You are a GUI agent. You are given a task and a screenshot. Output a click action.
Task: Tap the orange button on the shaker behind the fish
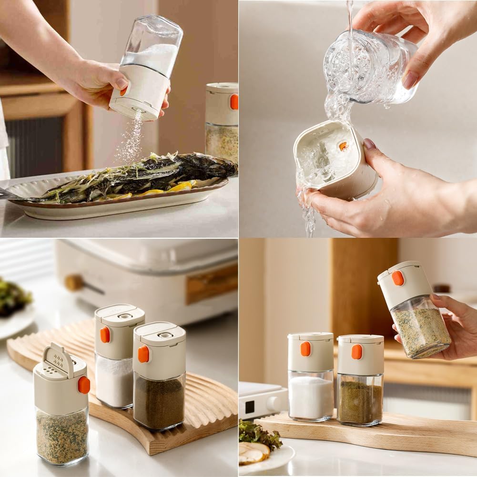234,101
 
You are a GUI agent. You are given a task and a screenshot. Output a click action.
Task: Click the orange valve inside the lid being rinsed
343,146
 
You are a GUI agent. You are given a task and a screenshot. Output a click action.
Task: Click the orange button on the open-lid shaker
84,385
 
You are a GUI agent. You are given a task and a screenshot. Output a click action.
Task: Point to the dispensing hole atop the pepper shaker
165,335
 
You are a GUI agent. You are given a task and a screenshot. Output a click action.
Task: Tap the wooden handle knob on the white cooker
74,283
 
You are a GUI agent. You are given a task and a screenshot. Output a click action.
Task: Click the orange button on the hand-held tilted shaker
398,278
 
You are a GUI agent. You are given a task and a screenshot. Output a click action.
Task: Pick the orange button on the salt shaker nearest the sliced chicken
305,349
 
